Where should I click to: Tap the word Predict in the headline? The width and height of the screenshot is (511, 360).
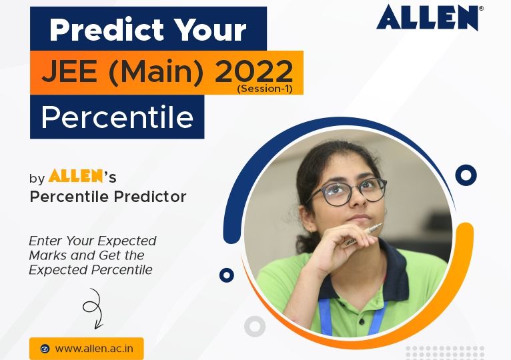pyautogui.click(x=100, y=29)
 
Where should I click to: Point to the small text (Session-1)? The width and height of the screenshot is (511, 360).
pyautogui.click(x=265, y=88)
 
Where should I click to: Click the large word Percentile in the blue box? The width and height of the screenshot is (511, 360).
pyautogui.click(x=117, y=118)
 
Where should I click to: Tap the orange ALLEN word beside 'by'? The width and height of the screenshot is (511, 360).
pyautogui.click(x=76, y=177)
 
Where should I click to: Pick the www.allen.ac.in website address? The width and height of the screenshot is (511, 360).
pyautogui.click(x=94, y=348)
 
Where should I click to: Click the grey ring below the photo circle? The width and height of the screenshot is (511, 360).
pyautogui.click(x=255, y=326)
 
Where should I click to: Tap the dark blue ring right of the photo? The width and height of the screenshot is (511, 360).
pyautogui.click(x=466, y=175)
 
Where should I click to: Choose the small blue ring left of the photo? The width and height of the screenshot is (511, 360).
pyautogui.click(x=227, y=275)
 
